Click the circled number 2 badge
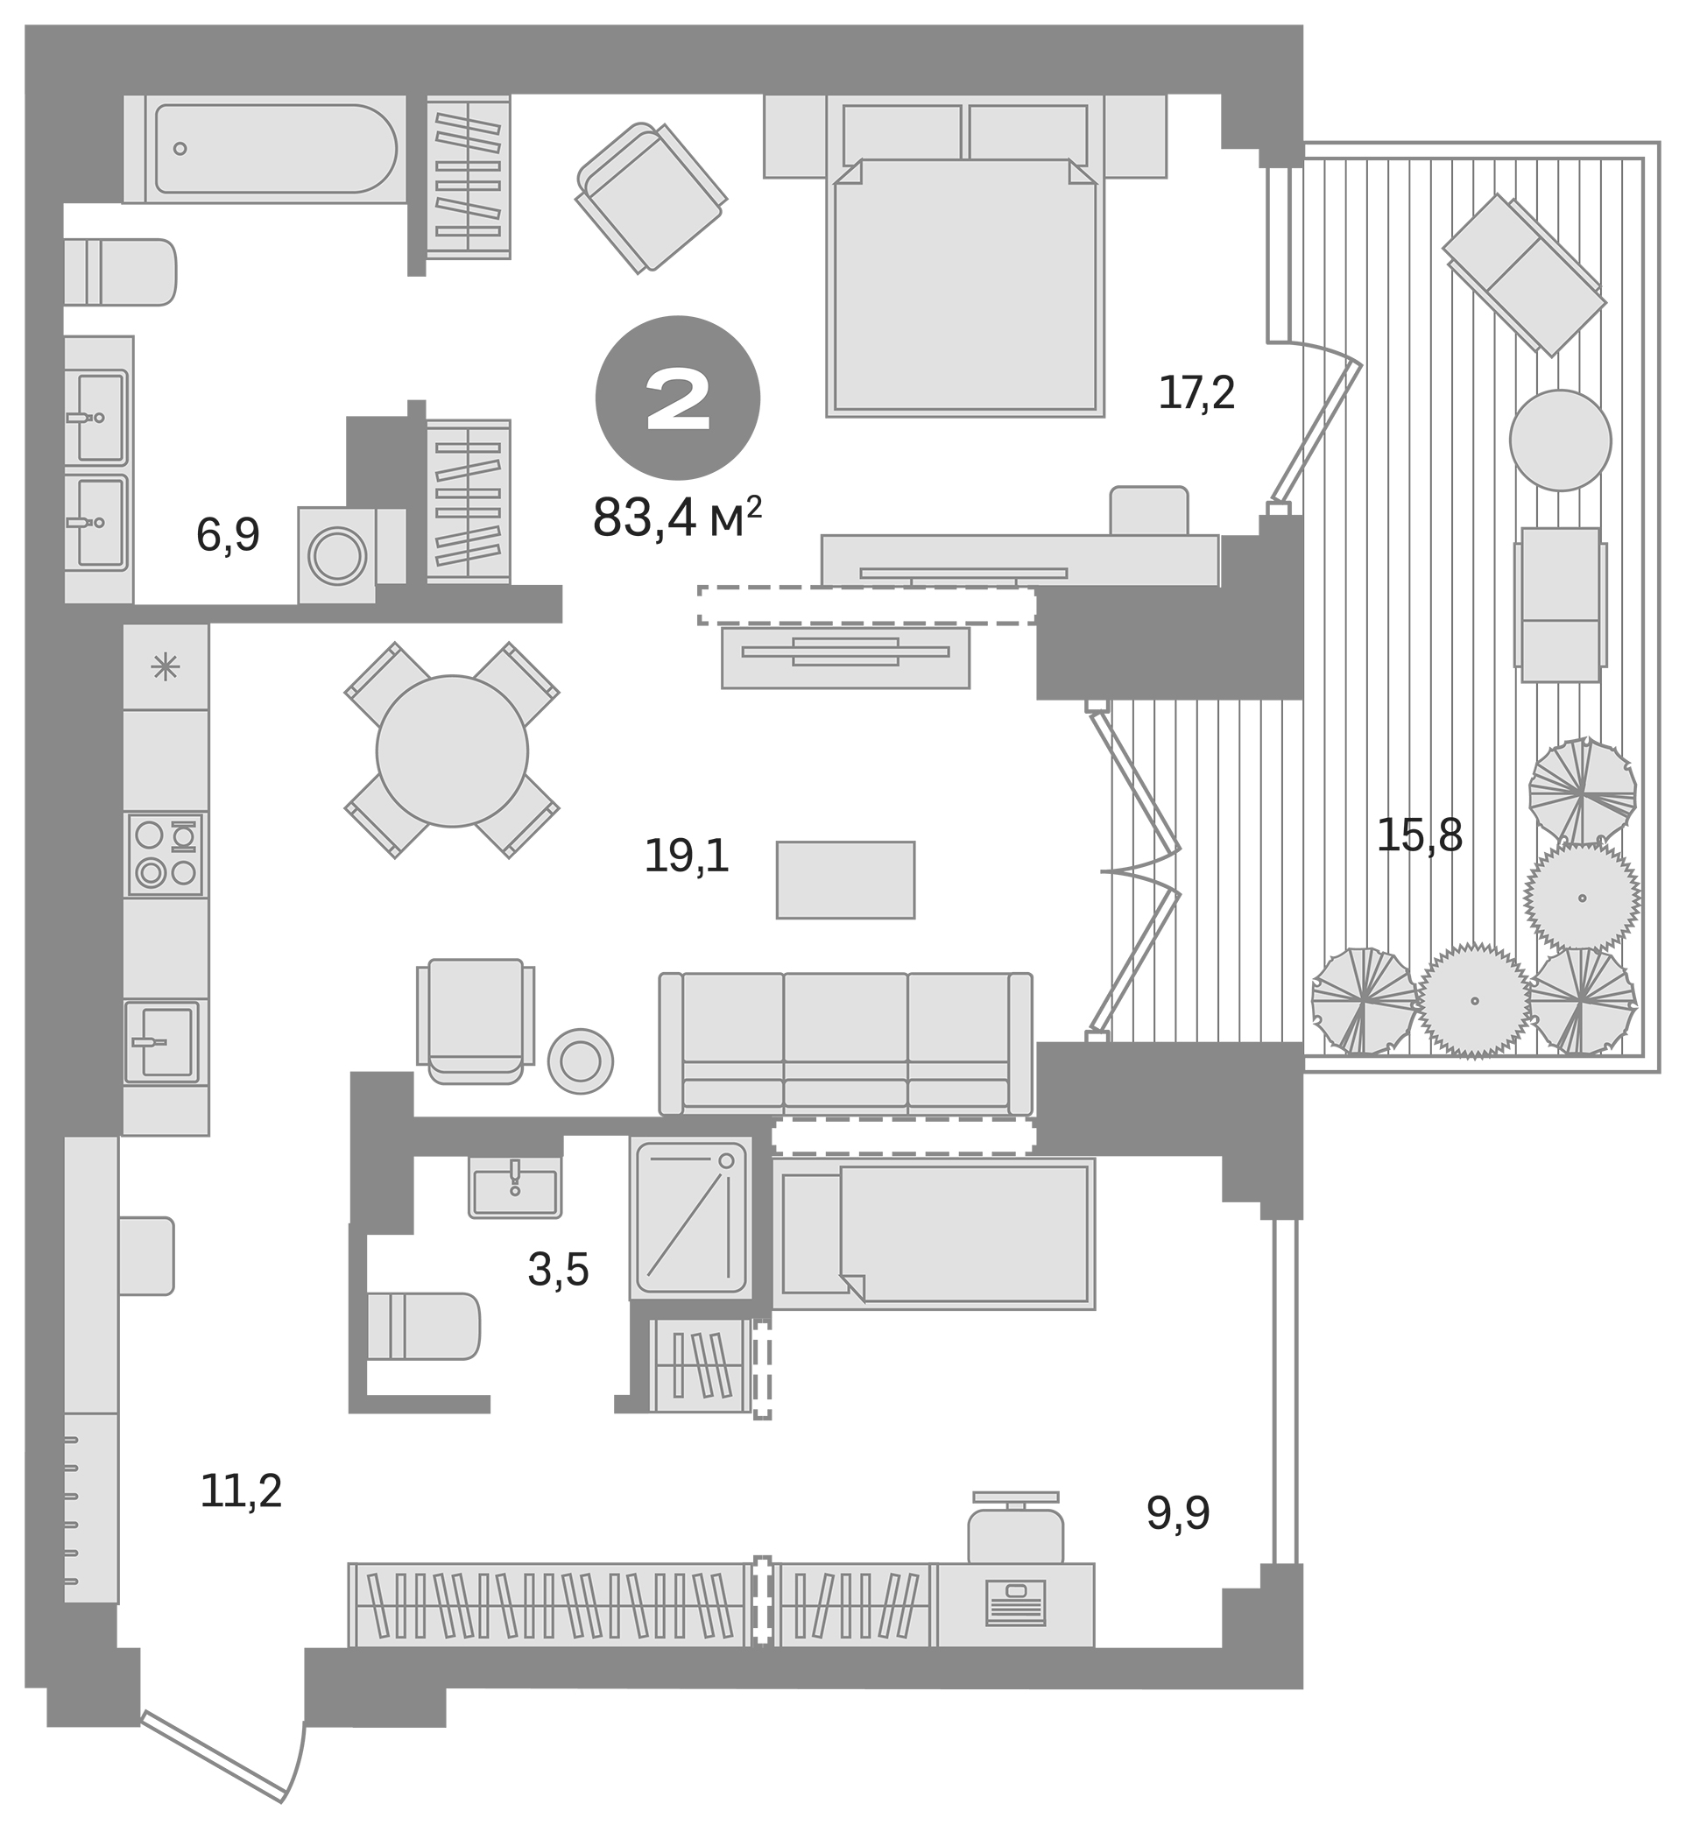[x=677, y=398]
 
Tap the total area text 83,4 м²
[x=676, y=519]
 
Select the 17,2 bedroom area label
[x=1196, y=393]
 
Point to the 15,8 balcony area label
[x=1418, y=835]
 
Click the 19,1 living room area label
[x=686, y=856]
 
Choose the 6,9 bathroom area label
[x=227, y=535]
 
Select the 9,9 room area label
[x=1177, y=1514]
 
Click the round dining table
[x=452, y=750]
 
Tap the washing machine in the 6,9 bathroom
[x=337, y=554]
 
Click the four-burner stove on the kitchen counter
[x=166, y=854]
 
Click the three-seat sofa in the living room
[x=845, y=1044]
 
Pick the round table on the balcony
[x=1559, y=440]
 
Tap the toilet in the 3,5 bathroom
[x=422, y=1327]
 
